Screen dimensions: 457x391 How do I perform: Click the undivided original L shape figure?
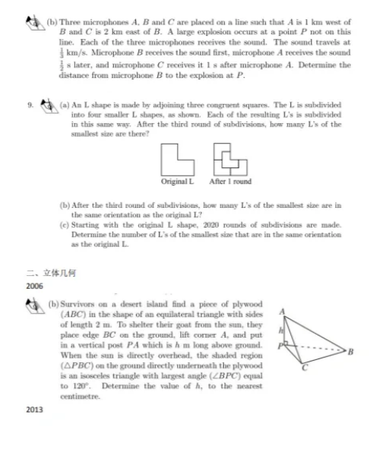tap(177, 159)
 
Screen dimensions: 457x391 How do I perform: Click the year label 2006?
tap(34, 285)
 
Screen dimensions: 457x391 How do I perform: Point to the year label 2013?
tap(34, 410)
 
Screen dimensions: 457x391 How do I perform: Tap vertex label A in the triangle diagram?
tap(284, 311)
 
